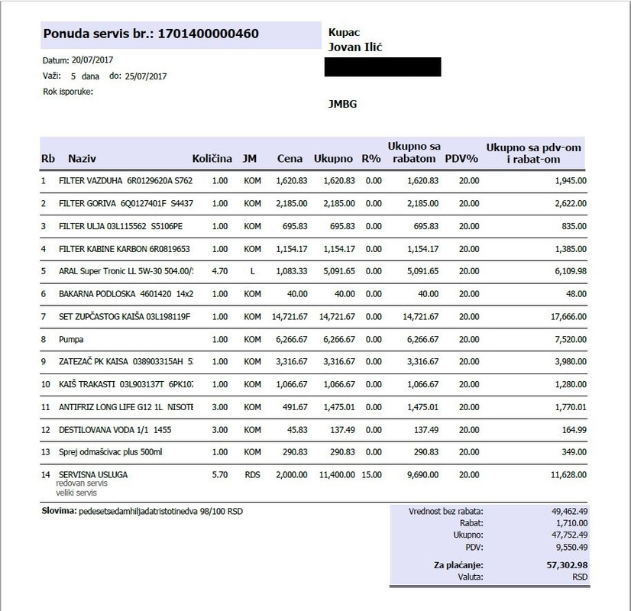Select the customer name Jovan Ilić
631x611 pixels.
pos(355,47)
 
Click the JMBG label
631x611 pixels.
pos(342,104)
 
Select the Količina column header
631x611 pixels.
pos(212,159)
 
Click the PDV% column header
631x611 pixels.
pos(461,159)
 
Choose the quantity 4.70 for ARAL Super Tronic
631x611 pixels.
pos(219,271)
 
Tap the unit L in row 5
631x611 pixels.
pos(252,271)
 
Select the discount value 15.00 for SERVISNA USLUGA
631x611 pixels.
pos(372,474)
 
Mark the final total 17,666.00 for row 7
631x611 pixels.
pos(565,316)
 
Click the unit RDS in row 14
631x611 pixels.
pos(252,474)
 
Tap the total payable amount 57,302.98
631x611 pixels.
pos(561,565)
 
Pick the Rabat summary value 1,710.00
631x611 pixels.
pos(568,522)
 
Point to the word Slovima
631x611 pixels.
pos(57,509)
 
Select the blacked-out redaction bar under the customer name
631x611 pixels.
pos(383,67)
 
